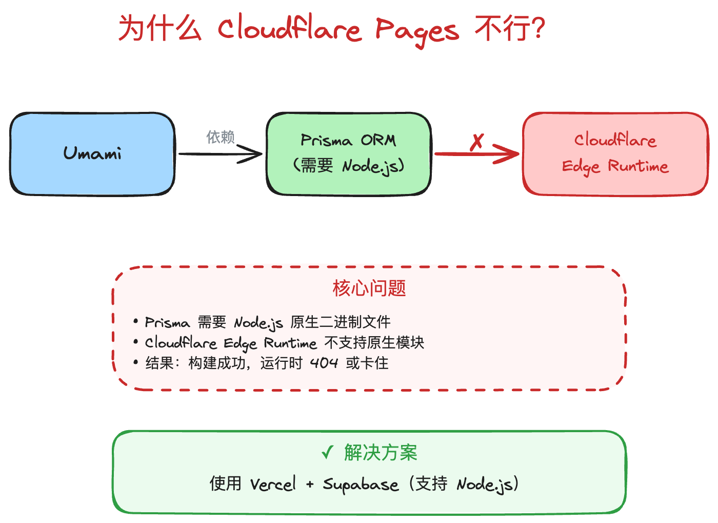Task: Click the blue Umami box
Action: coord(92,153)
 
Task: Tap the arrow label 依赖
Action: coord(221,137)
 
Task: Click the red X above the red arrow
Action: coord(477,141)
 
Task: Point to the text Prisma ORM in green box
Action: coord(348,140)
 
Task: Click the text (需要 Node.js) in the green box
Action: coord(348,166)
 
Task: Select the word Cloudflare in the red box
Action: coord(615,140)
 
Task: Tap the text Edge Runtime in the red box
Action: coord(615,166)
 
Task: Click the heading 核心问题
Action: coord(369,288)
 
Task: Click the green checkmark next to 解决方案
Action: coord(327,453)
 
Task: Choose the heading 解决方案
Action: coord(381,453)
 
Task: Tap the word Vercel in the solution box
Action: coord(273,484)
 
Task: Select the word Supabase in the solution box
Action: coord(361,485)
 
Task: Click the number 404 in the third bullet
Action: coord(324,363)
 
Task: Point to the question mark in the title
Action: coord(538,28)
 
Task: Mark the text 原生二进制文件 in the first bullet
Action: coord(341,322)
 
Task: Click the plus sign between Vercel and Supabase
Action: coord(310,484)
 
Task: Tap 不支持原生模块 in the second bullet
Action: coord(374,343)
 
